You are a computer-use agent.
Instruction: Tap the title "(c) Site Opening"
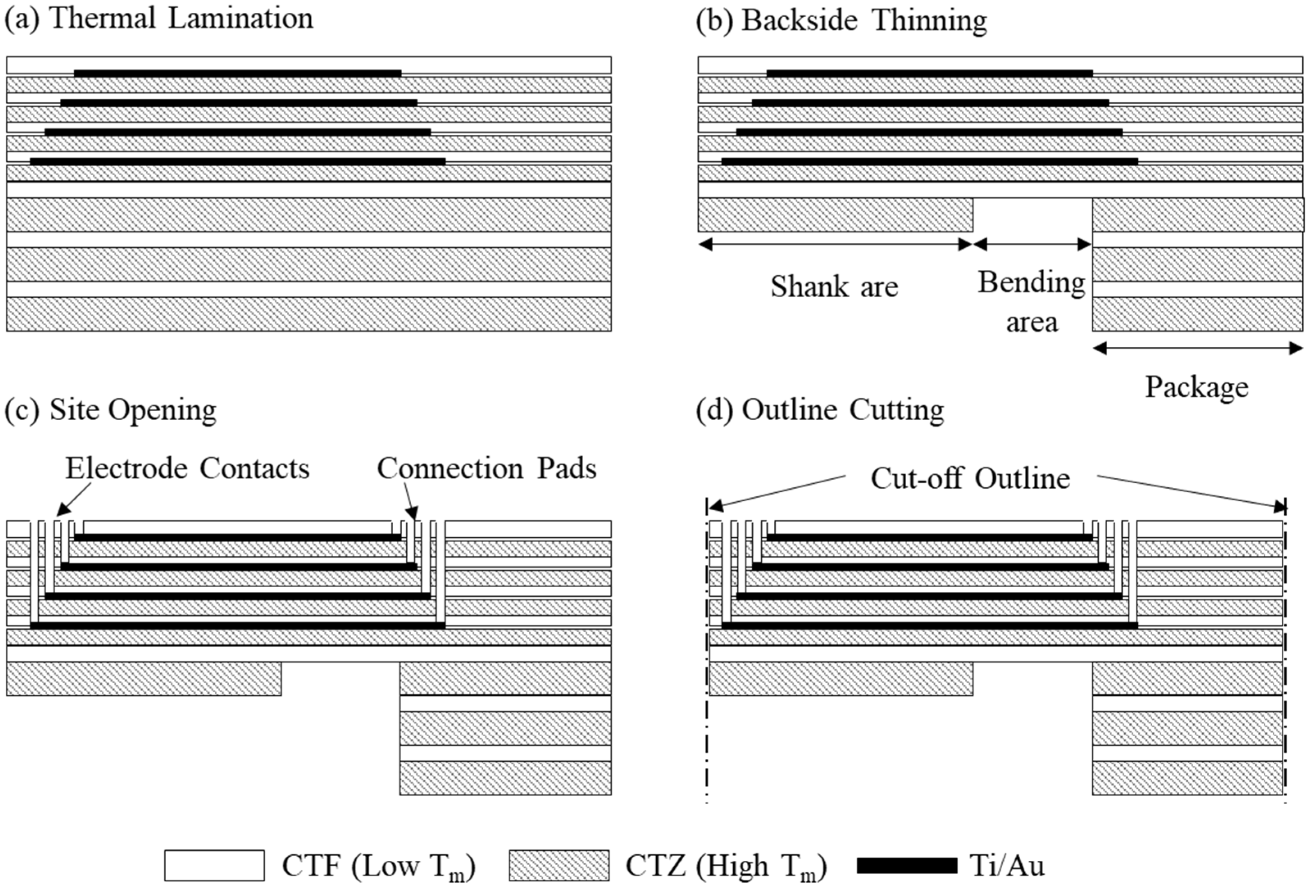[x=110, y=410]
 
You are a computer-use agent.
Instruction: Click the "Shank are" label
[x=834, y=286]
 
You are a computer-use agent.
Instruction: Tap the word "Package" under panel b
[x=1197, y=387]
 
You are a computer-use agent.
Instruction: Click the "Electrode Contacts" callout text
[x=187, y=468]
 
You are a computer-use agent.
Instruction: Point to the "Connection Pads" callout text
[x=486, y=468]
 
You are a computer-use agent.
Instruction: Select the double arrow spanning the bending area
[x=1032, y=244]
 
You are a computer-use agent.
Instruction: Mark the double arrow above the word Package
[x=1197, y=349]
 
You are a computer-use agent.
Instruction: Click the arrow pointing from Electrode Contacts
[x=73, y=500]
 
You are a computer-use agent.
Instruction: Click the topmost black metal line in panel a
[x=237, y=73]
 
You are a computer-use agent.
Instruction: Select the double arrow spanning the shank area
[x=835, y=244]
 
